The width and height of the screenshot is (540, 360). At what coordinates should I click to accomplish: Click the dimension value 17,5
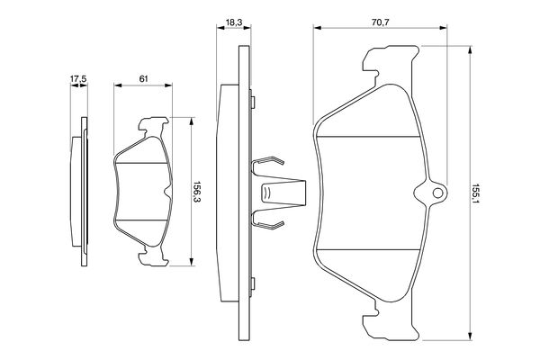tap(78, 78)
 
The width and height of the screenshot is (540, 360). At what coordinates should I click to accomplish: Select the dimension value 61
tap(143, 78)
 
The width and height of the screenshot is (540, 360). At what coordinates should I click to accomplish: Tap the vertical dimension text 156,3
tap(197, 192)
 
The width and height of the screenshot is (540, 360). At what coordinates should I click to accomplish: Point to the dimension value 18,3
tap(234, 22)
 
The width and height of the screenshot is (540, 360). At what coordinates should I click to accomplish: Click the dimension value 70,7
tap(380, 22)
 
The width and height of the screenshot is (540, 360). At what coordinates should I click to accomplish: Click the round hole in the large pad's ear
tap(437, 193)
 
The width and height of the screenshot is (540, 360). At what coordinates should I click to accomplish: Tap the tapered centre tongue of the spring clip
tap(283, 193)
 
